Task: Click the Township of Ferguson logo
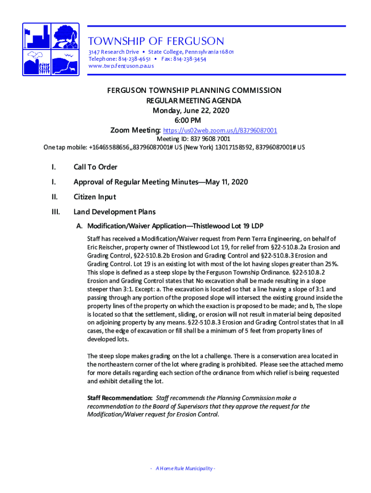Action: click(51, 49)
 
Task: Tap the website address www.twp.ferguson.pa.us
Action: click(121, 66)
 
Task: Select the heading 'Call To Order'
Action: click(95, 167)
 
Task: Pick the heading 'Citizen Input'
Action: click(94, 197)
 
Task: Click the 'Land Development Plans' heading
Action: click(115, 212)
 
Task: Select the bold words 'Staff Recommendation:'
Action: click(119, 398)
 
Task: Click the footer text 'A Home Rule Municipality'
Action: click(185, 469)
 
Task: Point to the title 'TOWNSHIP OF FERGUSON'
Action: click(156, 41)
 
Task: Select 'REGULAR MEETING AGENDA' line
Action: click(194, 101)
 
